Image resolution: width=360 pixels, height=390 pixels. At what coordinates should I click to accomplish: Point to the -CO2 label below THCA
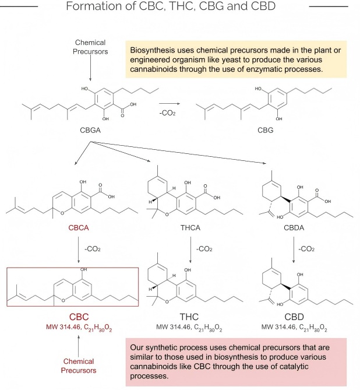point(204,249)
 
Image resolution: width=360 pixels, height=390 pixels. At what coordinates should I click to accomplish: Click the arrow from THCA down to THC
point(192,250)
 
